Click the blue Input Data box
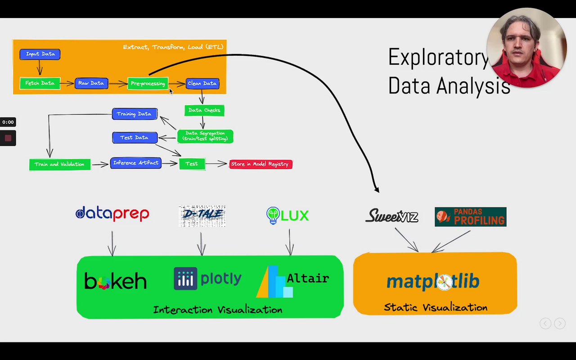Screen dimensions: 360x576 click(40, 54)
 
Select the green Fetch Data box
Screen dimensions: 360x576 click(40, 83)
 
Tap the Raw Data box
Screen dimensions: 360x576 click(91, 83)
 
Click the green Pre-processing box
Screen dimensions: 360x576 click(148, 84)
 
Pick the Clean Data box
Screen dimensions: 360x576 click(202, 84)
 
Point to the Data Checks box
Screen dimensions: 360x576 click(204, 110)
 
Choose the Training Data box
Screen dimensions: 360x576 click(135, 114)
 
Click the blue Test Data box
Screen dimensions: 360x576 click(135, 138)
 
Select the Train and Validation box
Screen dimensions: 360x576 click(59, 164)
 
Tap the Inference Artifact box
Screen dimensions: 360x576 click(135, 163)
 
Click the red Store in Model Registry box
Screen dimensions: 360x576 click(261, 164)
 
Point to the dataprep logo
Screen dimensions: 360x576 click(112, 214)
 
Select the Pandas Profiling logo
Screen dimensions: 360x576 click(470, 216)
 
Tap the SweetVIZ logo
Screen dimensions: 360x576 click(391, 216)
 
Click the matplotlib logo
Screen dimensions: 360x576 click(433, 282)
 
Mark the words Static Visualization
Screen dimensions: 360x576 click(435, 308)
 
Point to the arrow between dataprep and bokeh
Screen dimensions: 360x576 click(112, 243)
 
